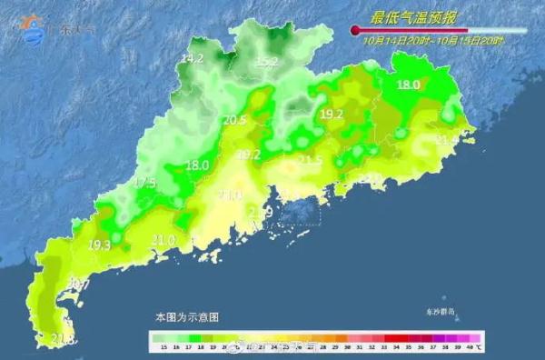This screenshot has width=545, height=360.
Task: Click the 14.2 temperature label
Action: pos(192,58)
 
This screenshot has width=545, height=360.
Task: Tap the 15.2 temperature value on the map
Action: pos(266,62)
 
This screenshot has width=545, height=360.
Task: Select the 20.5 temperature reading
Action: pos(234,120)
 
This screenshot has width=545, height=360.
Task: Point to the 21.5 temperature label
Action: pos(311,160)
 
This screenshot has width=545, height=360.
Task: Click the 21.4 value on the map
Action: pos(446,140)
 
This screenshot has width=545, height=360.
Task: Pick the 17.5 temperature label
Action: pos(144,183)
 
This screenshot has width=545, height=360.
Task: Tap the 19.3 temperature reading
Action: pos(99,245)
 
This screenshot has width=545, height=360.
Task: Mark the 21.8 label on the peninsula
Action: pos(63,339)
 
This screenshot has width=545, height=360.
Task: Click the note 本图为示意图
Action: pos(186,317)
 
